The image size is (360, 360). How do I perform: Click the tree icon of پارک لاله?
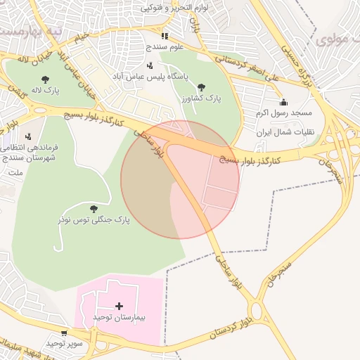46,79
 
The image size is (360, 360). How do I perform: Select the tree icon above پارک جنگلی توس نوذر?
94,208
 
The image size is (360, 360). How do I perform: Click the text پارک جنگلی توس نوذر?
94,221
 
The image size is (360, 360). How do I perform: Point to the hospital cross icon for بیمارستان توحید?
119,306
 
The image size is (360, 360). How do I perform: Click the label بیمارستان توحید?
119,319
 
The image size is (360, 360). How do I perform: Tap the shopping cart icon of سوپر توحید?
65,333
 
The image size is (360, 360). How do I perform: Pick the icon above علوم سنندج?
165,35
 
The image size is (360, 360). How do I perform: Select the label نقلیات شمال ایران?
281,132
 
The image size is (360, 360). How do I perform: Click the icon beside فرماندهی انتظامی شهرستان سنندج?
27,136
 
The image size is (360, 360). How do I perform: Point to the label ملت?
14,171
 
